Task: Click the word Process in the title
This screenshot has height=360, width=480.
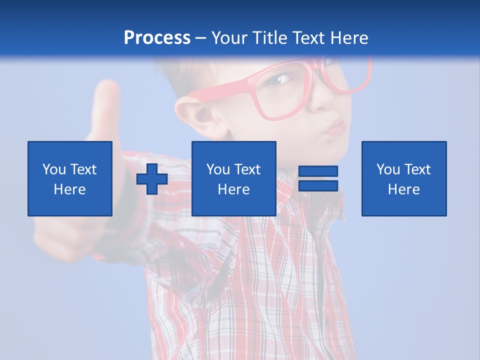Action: point(157,38)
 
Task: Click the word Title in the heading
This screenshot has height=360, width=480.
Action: point(270,38)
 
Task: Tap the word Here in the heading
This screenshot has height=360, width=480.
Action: point(348,38)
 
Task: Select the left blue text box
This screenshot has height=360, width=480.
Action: point(69,178)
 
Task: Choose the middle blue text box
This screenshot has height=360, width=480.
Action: point(233,178)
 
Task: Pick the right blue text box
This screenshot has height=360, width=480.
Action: point(403,178)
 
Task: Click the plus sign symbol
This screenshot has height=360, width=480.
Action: point(152,179)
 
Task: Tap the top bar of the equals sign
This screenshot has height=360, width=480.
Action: point(318,171)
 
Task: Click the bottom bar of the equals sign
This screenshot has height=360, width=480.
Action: point(318,185)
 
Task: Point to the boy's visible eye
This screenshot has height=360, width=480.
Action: point(283,79)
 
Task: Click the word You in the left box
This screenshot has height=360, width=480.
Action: point(54,169)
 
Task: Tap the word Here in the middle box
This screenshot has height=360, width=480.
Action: point(233,189)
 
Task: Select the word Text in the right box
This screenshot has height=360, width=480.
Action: point(418,169)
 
